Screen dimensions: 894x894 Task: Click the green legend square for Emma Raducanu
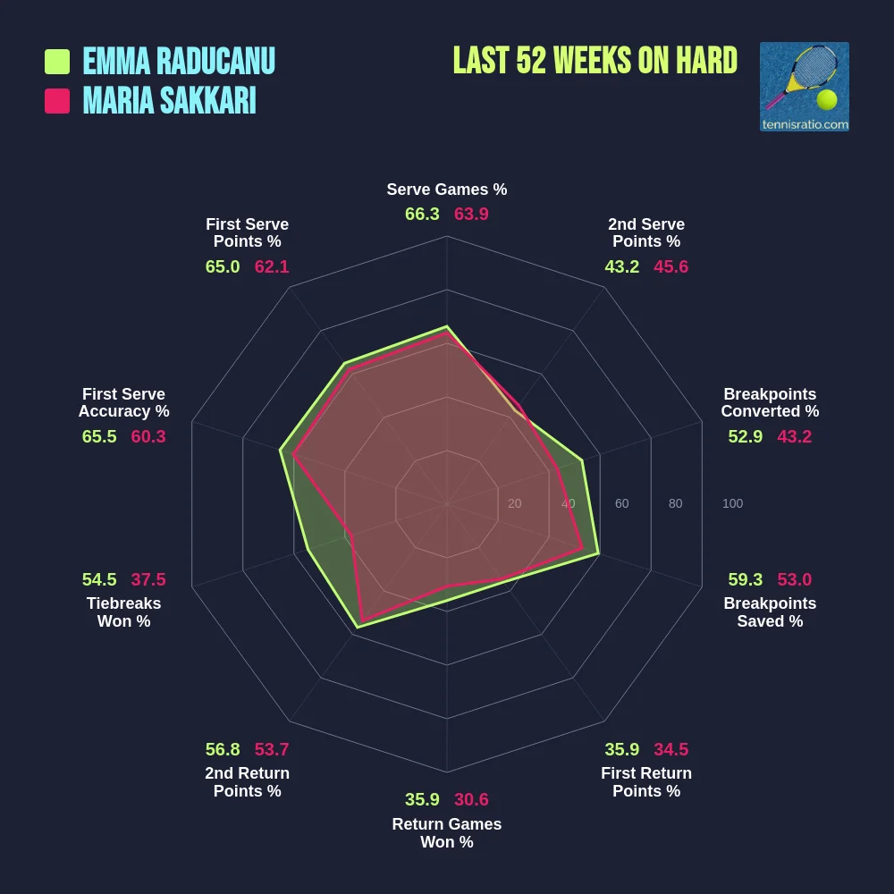(57, 62)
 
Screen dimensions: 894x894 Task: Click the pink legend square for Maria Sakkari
(57, 101)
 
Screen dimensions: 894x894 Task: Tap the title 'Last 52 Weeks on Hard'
(595, 61)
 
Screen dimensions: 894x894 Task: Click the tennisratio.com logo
(804, 87)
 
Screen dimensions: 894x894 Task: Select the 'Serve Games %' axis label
(446, 190)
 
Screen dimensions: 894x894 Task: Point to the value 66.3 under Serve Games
(422, 215)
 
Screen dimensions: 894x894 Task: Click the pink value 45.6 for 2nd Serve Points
(670, 266)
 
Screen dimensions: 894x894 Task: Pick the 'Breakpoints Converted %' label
(770, 402)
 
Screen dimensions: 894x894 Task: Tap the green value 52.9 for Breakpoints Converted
(746, 436)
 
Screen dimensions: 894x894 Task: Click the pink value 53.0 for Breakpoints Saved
(794, 579)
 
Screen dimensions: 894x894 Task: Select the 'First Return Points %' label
(646, 782)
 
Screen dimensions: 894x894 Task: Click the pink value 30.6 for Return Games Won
(471, 799)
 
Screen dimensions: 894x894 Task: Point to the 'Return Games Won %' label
(446, 833)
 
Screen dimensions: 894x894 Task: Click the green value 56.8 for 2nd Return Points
(223, 749)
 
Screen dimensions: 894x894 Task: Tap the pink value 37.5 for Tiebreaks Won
(148, 579)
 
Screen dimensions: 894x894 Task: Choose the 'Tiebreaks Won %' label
(123, 612)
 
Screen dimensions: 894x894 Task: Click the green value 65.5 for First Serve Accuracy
(99, 436)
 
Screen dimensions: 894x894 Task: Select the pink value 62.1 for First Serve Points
(272, 266)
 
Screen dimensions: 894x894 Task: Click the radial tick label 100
(732, 503)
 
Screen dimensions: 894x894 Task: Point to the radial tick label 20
(514, 503)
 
